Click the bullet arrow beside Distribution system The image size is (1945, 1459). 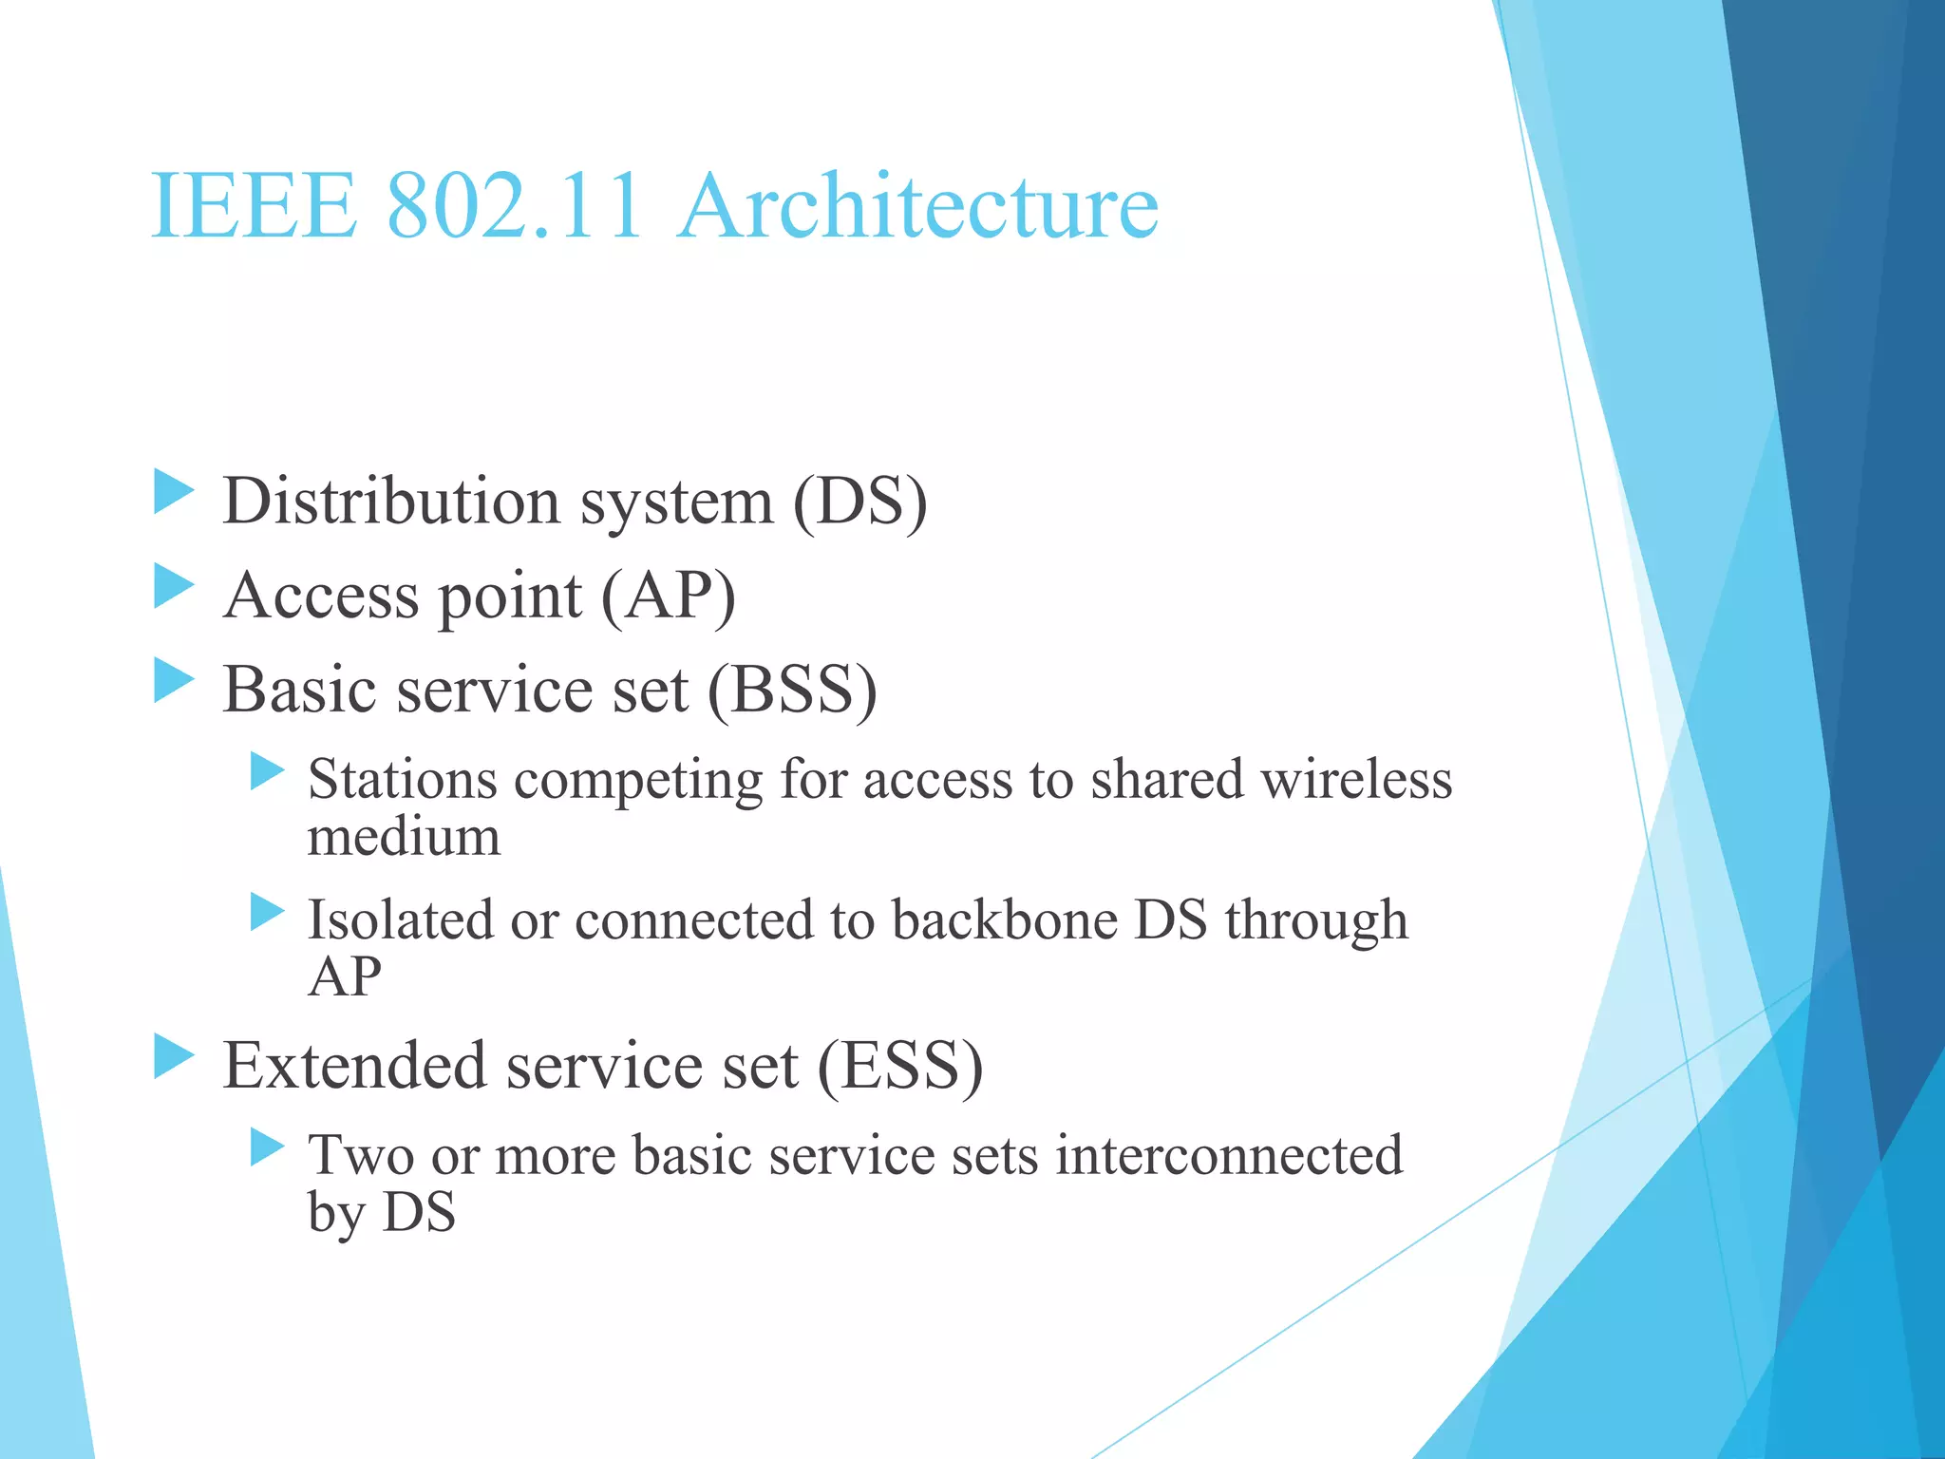pyautogui.click(x=174, y=492)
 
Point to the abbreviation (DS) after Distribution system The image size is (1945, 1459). pyautogui.click(x=859, y=502)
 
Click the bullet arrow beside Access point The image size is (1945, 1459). pyautogui.click(x=174, y=586)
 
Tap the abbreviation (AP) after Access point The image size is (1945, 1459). pyautogui.click(x=669, y=597)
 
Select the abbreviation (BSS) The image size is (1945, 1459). pyautogui.click(x=792, y=690)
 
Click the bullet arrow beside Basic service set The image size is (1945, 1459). pyautogui.click(x=174, y=680)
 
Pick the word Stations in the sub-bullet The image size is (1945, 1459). pyautogui.click(x=403, y=780)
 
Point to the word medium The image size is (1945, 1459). pyautogui.click(x=404, y=837)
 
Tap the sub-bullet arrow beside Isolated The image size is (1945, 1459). pyautogui.click(x=267, y=912)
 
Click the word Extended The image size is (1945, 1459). pyautogui.click(x=353, y=1065)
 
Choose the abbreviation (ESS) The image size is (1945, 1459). pyautogui.click(x=899, y=1066)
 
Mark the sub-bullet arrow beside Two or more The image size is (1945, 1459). pyautogui.click(x=267, y=1147)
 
